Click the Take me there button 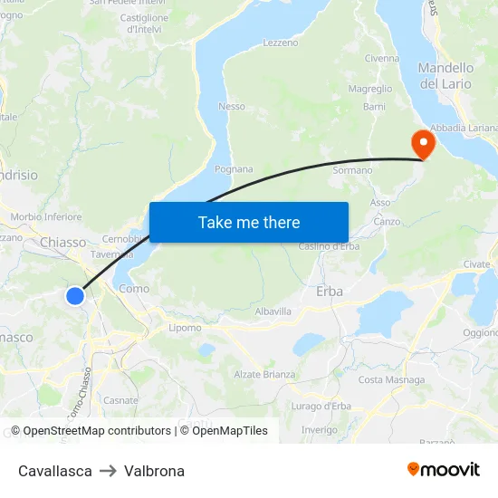pos(249,222)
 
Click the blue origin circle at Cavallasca pos(75,295)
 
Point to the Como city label pos(134,289)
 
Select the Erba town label pos(330,292)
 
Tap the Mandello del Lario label pos(445,76)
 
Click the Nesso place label pos(232,106)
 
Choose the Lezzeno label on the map pos(280,43)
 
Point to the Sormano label pos(352,170)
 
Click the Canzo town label pos(387,222)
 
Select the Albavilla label pos(273,311)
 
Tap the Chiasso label pos(63,243)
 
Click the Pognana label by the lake pos(234,169)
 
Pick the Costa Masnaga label pos(385,380)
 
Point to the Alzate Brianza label pos(264,375)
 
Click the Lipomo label pos(185,328)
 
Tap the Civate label pos(475,264)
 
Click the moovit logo pos(443,470)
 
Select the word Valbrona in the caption pos(154,471)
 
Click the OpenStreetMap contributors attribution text pos(97,431)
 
